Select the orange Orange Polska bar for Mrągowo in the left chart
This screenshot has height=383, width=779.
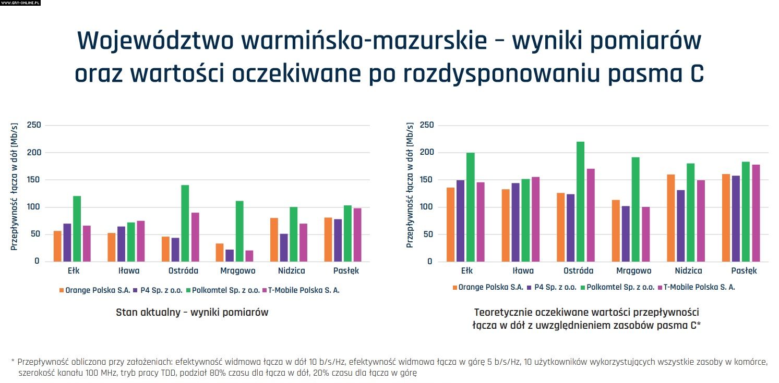tap(220, 252)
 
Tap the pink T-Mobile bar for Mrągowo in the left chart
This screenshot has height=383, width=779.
tap(249, 256)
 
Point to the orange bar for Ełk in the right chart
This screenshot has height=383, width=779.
tap(451, 224)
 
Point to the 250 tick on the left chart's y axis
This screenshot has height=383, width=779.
tap(33, 125)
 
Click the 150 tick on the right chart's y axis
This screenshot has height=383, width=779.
tap(427, 180)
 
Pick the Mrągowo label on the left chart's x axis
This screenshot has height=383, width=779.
tap(237, 271)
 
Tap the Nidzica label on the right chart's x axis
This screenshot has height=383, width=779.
tap(688, 271)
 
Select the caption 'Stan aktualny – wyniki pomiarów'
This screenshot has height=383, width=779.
tap(192, 313)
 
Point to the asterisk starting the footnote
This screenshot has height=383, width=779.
tap(13, 361)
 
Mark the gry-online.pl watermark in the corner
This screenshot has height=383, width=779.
tap(20, 3)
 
